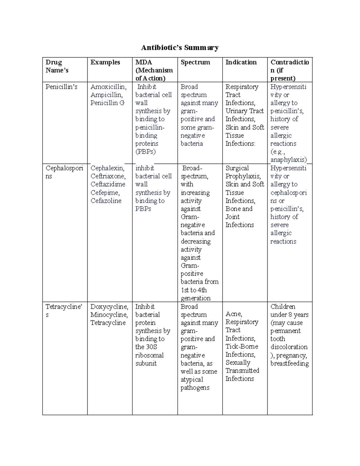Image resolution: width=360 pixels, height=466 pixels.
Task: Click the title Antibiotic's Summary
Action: [180, 48]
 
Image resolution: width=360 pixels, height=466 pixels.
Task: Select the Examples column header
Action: [105, 62]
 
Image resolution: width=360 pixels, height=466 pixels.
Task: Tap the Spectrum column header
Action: [195, 62]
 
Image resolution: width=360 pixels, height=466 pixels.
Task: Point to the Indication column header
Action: [241, 62]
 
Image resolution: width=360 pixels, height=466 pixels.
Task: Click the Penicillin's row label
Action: [61, 87]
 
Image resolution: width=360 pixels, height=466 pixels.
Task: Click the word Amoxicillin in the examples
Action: [108, 87]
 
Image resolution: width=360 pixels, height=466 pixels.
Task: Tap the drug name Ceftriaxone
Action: [108, 176]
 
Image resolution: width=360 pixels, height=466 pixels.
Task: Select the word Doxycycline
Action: [109, 307]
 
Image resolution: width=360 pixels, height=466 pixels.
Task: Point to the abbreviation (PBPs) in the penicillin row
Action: [145, 152]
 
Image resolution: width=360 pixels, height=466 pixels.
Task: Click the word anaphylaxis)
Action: [289, 160]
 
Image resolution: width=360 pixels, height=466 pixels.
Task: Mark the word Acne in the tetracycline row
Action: [233, 314]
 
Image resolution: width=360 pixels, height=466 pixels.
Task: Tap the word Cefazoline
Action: [106, 201]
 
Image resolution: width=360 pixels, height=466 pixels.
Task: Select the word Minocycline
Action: [109, 315]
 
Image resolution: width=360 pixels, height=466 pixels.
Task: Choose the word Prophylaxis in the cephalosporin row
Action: [243, 176]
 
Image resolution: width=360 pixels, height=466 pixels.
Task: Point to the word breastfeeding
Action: [289, 364]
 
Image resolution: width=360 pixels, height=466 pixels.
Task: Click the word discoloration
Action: [289, 347]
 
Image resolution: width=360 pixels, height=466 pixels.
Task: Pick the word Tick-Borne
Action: [242, 347]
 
